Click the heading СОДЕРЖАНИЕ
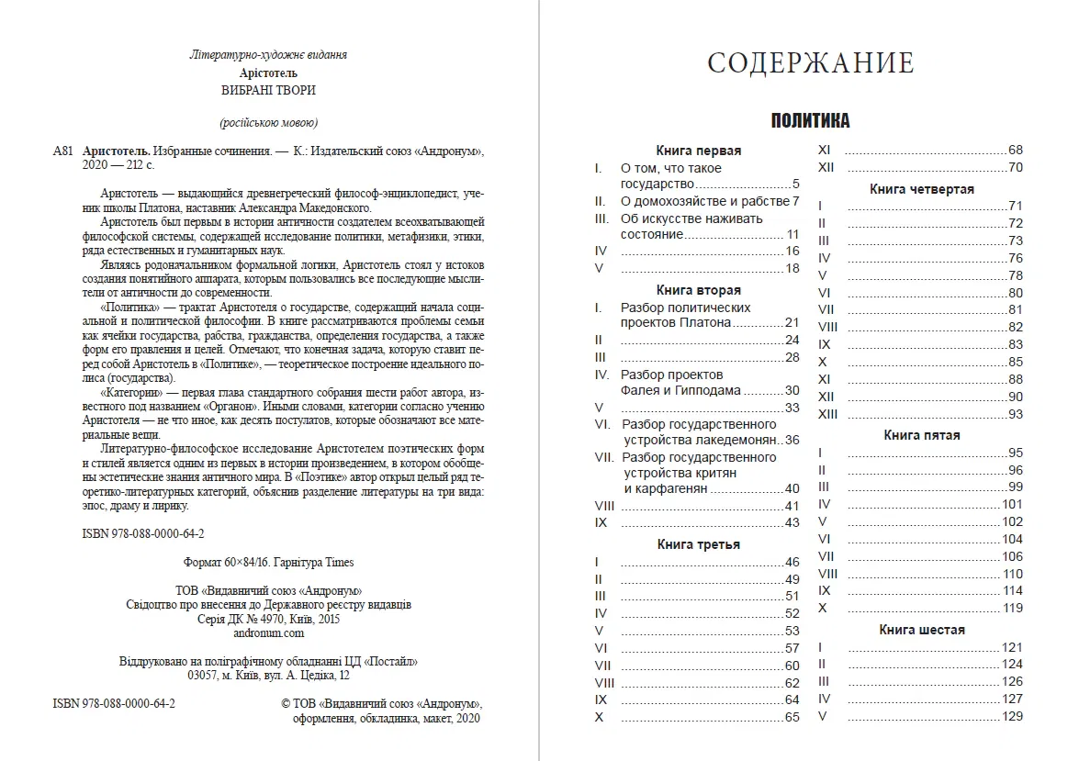pos(811,63)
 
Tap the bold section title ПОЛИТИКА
pos(810,121)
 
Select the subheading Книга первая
pos(699,151)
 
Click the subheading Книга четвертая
pos(921,189)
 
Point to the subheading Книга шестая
pos(921,630)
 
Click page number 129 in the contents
pos(1012,716)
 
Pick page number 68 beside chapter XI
pos(1015,150)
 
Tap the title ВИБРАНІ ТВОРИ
pos(267,90)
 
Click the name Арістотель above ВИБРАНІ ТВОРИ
pos(268,73)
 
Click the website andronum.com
pos(268,632)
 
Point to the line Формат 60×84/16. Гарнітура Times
pos(268,562)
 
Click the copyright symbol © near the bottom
pos(285,703)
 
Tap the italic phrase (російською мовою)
pos(268,123)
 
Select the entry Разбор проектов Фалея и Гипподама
pos(681,382)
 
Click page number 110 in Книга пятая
pos(1012,574)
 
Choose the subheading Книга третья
pos(699,544)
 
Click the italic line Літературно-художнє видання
pos(268,55)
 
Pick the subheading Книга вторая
pos(699,290)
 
